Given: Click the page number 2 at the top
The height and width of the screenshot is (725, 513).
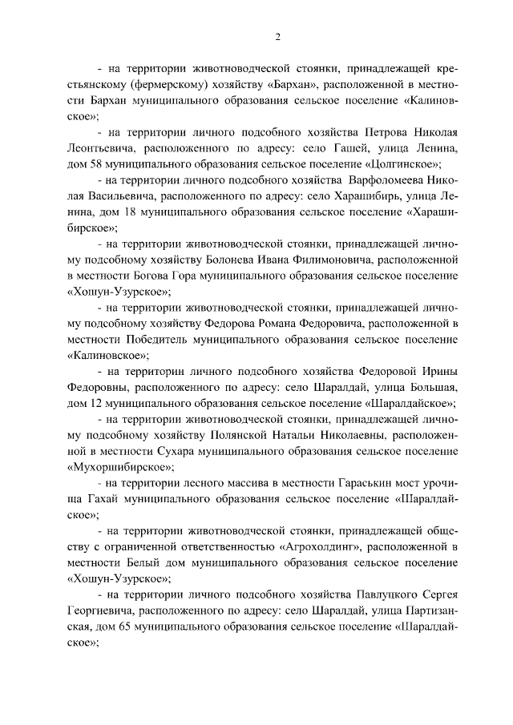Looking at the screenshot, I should point(277,37).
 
